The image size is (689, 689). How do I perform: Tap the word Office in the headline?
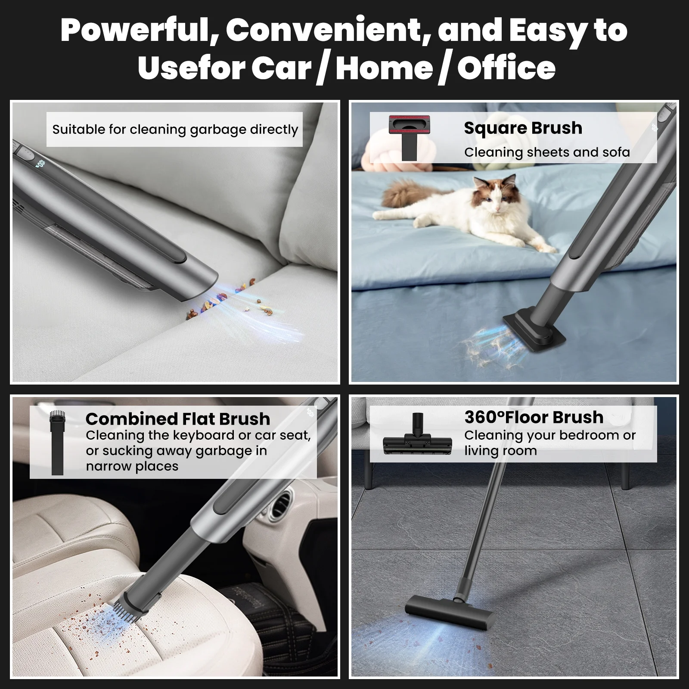point(506,68)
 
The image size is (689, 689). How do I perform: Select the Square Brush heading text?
point(523,128)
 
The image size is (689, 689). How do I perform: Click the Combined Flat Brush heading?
point(178,419)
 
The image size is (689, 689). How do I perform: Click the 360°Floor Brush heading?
point(534,417)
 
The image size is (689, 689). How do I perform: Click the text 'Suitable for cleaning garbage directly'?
point(175,130)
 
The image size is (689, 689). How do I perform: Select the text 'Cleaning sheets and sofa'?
point(547,152)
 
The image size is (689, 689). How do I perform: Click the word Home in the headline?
point(384,68)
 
